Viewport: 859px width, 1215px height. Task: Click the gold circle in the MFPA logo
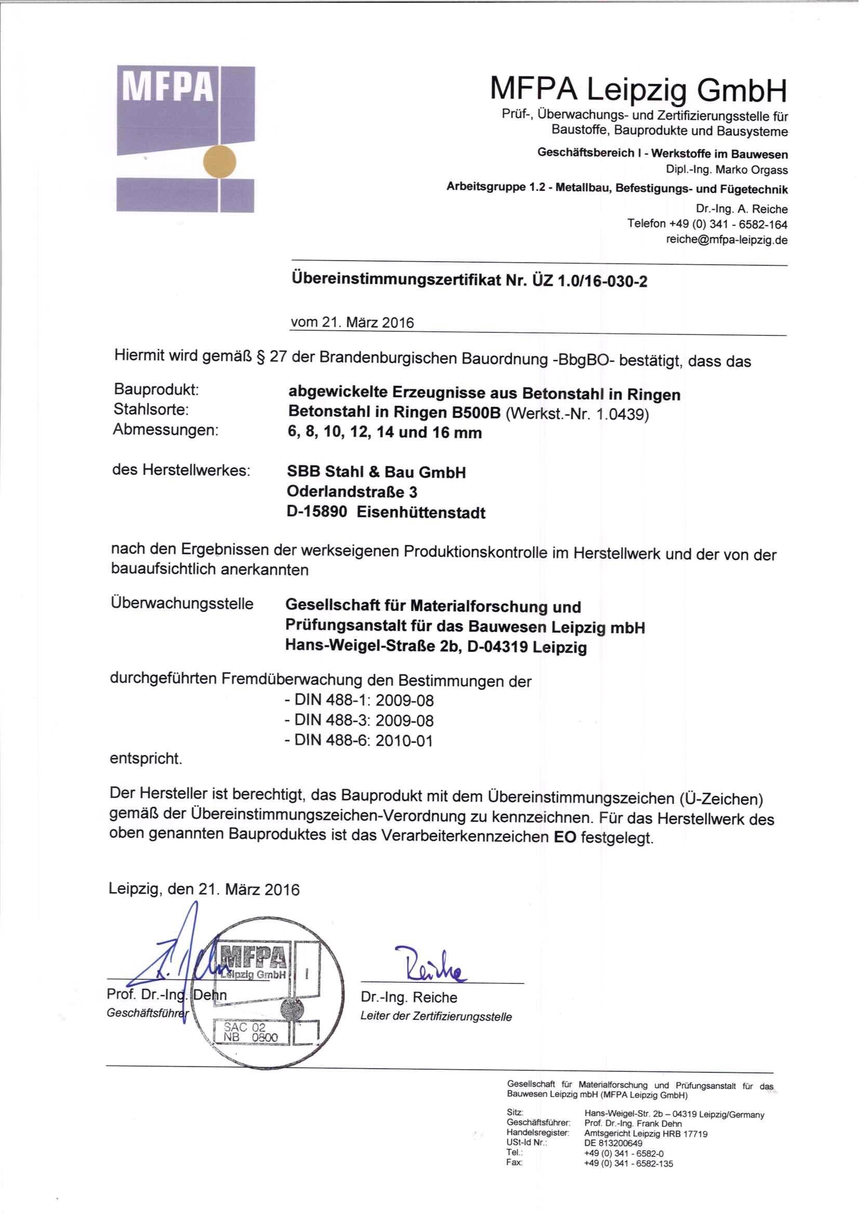point(220,162)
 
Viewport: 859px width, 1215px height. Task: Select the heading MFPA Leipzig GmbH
point(638,90)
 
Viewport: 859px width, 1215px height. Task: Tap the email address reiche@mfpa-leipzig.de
point(726,240)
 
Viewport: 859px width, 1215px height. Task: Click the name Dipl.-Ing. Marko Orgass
point(726,170)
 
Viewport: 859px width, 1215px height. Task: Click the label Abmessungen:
point(165,430)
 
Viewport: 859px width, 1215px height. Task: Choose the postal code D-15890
point(316,512)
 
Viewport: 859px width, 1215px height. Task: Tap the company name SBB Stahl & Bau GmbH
point(376,471)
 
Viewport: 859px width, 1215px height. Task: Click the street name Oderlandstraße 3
point(352,492)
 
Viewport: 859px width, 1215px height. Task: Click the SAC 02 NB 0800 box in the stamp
point(250,1032)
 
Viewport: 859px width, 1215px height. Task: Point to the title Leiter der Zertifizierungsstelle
point(435,1016)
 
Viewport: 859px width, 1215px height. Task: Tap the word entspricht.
point(146,758)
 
